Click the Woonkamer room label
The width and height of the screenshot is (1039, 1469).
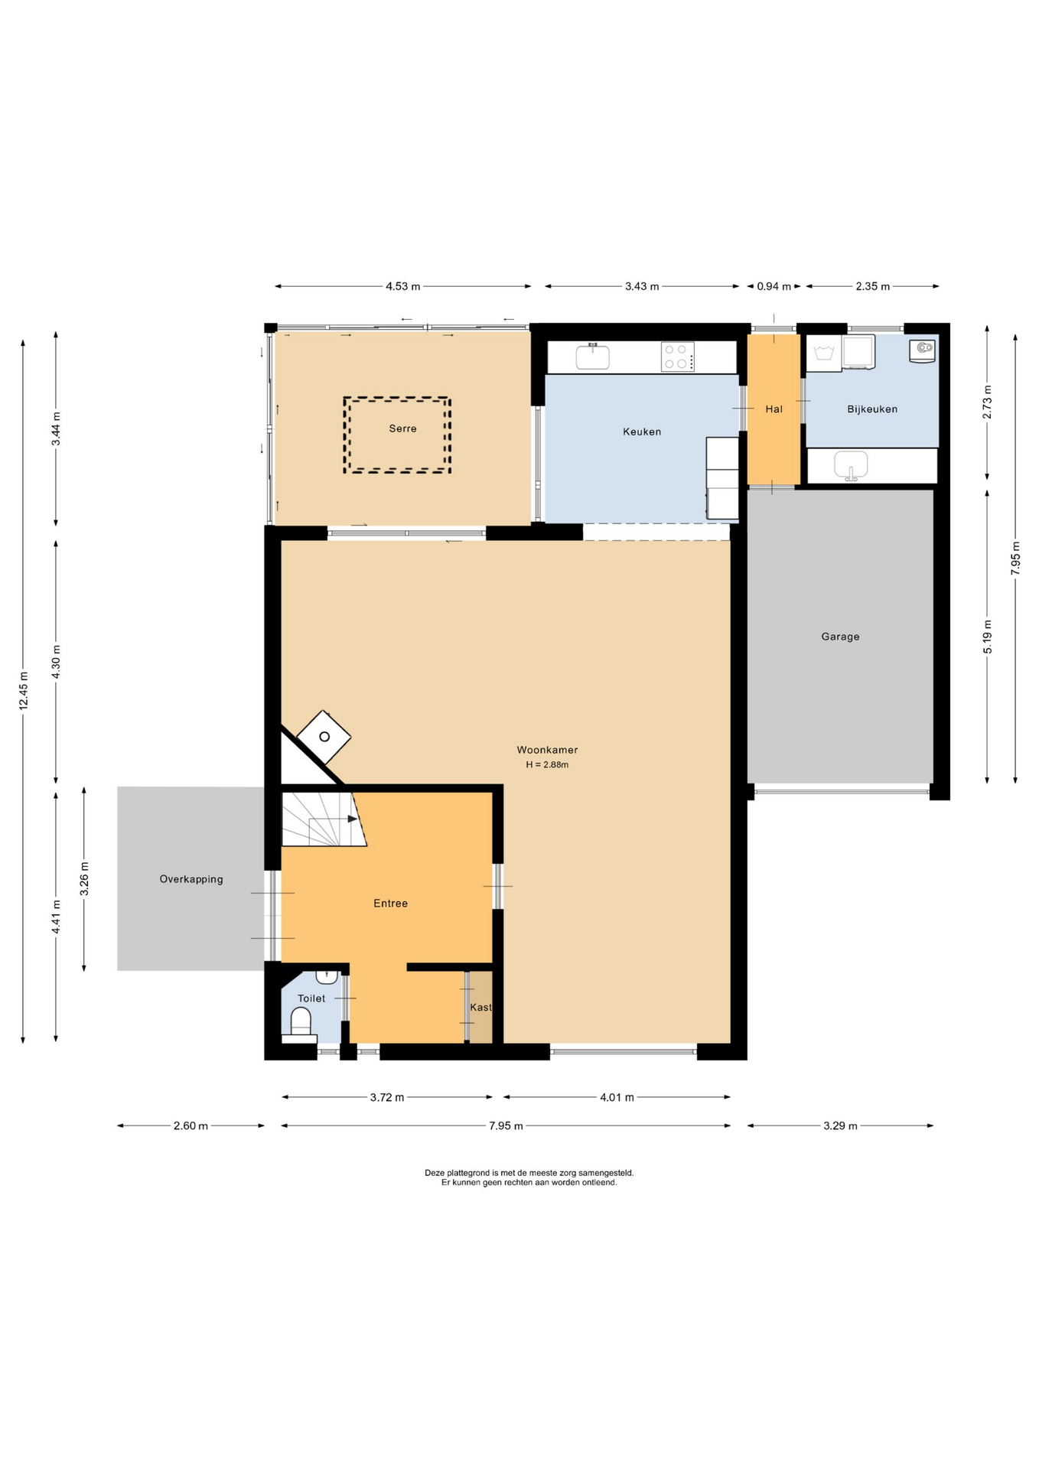pos(547,750)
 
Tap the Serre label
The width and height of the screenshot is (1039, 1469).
pos(402,428)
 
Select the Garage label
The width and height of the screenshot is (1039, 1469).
pos(840,637)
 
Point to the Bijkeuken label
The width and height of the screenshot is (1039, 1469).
pos(872,409)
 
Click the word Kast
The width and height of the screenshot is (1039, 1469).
pos(480,1008)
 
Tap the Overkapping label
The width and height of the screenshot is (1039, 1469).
pos(191,879)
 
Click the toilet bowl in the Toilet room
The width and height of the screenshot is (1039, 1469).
pos(301,1022)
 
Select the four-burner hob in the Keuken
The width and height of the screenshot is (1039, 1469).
pos(677,357)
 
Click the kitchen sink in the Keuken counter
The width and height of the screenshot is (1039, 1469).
pos(592,357)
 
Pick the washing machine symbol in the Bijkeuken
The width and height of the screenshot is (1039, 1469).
pos(824,353)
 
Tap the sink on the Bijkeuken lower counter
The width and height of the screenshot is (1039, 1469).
pos(851,465)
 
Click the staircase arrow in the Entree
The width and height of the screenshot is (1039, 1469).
pos(334,819)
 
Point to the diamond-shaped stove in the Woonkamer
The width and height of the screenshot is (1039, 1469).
pos(324,737)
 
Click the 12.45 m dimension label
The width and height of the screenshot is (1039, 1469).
pos(24,691)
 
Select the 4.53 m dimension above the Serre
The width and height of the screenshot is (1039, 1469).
pos(402,286)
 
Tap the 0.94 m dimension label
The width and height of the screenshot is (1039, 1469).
pos(774,286)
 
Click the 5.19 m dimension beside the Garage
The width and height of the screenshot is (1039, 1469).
pos(988,637)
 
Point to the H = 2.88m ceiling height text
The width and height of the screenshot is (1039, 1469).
pos(547,764)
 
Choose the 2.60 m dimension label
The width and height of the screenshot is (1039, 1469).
pos(191,1125)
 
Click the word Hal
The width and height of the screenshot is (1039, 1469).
pos(774,409)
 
